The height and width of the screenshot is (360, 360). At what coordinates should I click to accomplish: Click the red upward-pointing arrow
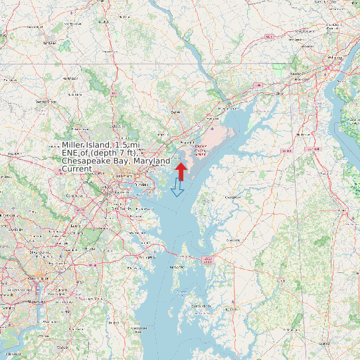[x=180, y=171]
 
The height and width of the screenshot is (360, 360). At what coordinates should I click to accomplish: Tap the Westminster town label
[x=46, y=102]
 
